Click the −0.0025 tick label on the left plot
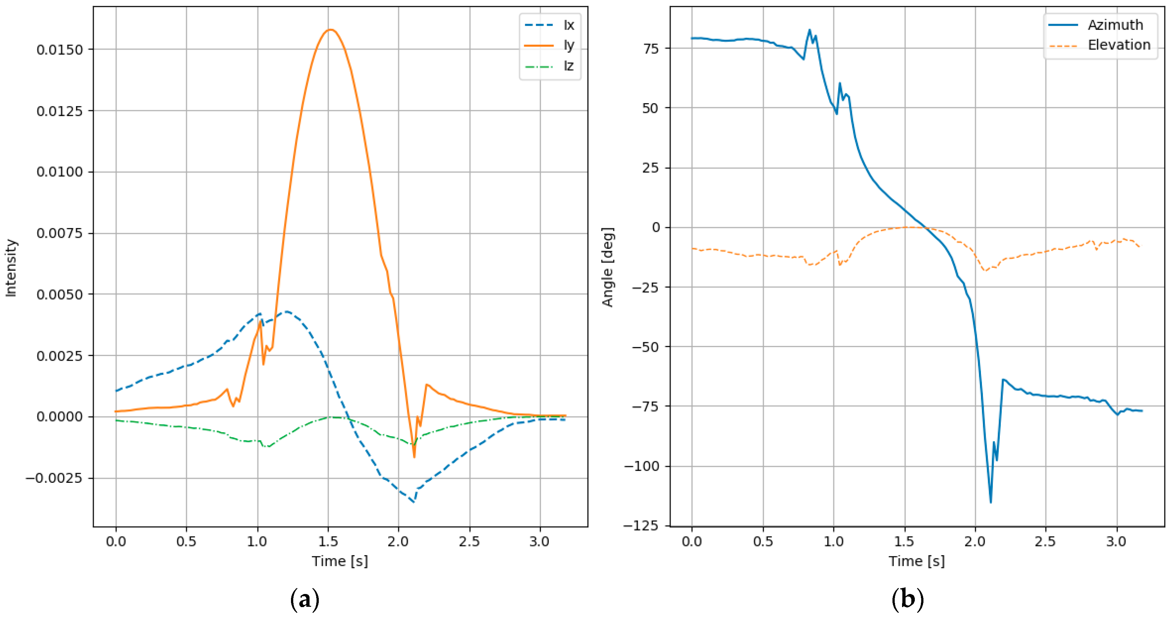[x=54, y=478]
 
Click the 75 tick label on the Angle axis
[x=651, y=49]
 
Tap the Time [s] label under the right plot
[x=916, y=561]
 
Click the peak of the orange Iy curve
[x=331, y=30]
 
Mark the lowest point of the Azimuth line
[x=991, y=502]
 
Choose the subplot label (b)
[x=907, y=599]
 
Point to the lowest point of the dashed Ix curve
[x=413, y=502]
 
